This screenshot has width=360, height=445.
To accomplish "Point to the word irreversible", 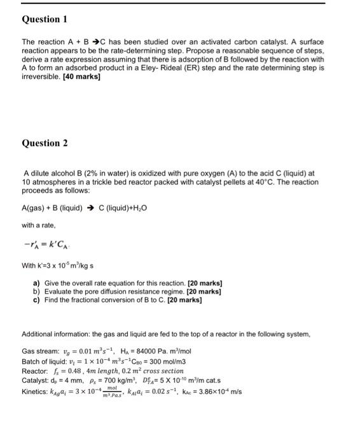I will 40,77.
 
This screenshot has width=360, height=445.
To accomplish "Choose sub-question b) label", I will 37,290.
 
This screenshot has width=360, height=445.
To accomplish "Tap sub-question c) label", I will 37,298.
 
